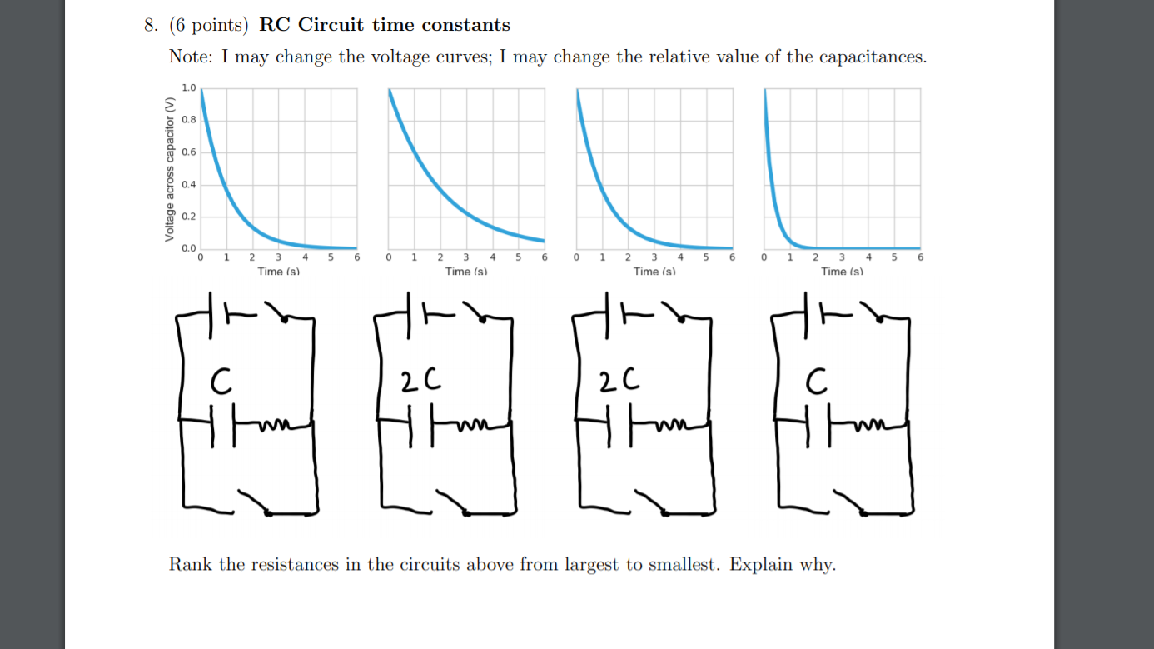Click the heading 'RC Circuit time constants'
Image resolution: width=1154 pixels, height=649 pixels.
385,25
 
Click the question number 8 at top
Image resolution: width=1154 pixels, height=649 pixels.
150,25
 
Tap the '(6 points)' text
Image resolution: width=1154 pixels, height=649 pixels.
209,25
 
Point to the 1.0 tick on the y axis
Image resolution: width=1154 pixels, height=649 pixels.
189,87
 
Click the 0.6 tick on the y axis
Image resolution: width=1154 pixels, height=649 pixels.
189,152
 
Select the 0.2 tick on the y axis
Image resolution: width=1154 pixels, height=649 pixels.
189,217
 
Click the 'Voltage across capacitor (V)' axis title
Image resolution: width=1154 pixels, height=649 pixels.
170,170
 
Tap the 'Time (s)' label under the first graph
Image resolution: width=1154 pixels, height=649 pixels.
278,272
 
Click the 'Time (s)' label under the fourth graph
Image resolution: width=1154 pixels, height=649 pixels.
842,272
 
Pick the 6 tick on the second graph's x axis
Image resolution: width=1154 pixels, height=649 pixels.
545,258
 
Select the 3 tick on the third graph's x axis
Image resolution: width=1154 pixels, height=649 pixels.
654,258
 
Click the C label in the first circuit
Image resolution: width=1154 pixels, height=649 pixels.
219,382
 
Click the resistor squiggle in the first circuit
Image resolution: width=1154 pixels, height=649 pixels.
275,427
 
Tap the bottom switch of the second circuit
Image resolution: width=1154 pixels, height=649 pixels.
450,502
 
